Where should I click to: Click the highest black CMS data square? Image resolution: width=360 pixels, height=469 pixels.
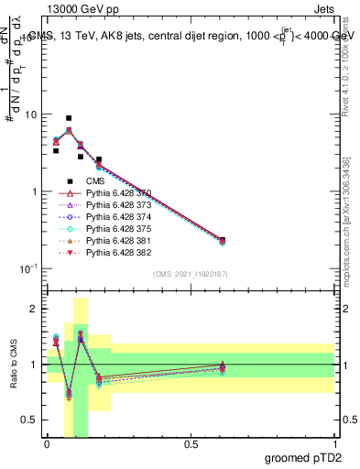pyautogui.click(x=69, y=118)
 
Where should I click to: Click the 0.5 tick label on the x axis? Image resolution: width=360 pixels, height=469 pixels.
pyautogui.click(x=191, y=444)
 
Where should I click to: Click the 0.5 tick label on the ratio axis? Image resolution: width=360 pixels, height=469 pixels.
pyautogui.click(x=31, y=420)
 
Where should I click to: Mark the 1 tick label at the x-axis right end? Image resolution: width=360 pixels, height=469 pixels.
pyautogui.click(x=334, y=444)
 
